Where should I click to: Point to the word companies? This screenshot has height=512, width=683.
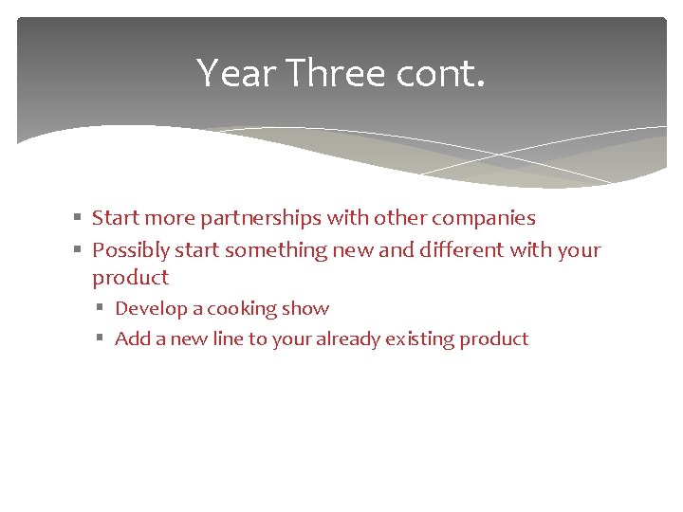click(x=484, y=218)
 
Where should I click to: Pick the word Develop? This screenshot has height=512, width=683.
click(x=150, y=309)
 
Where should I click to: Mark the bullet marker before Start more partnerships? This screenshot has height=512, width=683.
click(x=79, y=218)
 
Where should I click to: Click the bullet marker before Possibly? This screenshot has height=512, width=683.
click(x=79, y=250)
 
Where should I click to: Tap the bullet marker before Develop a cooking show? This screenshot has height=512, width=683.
click(x=102, y=309)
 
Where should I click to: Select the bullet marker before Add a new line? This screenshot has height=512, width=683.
click(x=102, y=338)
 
